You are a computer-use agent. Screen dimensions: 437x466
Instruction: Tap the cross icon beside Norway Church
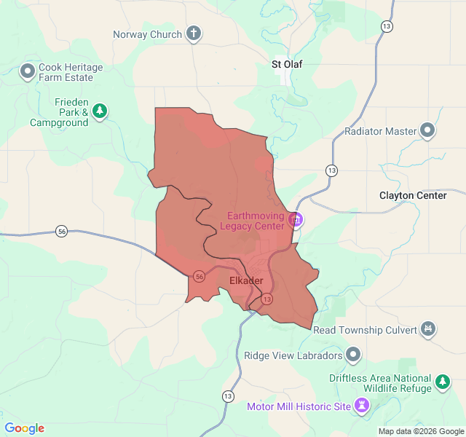tap(193, 34)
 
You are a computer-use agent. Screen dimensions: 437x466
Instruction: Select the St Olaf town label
tap(286, 64)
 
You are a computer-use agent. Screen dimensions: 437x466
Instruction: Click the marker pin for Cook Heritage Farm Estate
tap(28, 71)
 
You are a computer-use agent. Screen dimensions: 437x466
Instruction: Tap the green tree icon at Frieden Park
tap(100, 111)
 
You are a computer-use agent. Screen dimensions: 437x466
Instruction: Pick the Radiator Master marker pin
tap(427, 131)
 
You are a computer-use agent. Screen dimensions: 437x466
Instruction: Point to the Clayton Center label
tap(412, 195)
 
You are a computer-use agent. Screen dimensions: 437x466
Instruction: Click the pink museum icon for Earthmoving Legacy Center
tap(296, 219)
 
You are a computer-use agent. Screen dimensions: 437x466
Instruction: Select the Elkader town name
tap(246, 280)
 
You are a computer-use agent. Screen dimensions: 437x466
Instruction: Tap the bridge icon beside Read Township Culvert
tap(429, 330)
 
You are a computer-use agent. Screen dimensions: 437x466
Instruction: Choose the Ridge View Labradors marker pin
tap(353, 355)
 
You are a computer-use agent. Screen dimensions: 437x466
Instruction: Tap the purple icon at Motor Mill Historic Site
tap(362, 405)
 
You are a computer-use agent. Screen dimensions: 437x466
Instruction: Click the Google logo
tap(24, 428)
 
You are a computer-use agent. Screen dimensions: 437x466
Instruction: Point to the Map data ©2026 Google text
tap(420, 431)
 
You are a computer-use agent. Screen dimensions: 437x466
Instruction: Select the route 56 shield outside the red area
tap(62, 231)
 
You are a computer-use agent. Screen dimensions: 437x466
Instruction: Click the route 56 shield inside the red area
tap(199, 276)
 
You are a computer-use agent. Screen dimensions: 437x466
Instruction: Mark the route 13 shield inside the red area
tap(267, 299)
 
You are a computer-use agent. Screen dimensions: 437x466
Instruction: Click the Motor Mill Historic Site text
tap(298, 406)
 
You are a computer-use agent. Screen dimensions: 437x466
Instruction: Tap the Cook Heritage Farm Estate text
tap(66, 72)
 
